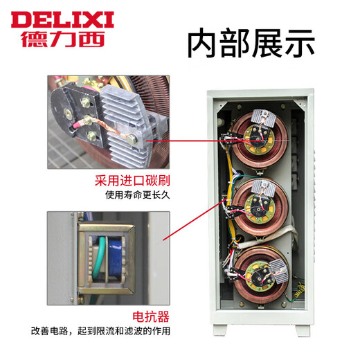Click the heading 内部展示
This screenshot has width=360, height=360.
[x=251, y=43]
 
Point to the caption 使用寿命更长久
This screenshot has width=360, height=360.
[x=132, y=195]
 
